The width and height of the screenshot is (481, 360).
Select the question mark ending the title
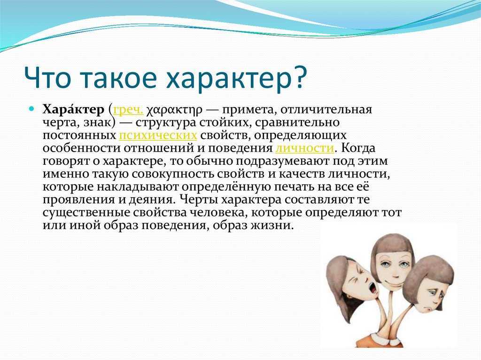[x=299, y=77]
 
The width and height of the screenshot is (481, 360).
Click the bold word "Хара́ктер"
[x=73, y=109]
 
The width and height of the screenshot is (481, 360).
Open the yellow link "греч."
[x=128, y=110]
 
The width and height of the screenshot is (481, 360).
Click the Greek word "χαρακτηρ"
[x=174, y=110]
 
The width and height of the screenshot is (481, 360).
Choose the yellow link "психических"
[x=158, y=136]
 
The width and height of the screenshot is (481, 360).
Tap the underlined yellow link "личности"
[x=304, y=148]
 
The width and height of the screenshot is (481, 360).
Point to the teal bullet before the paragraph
[x=31, y=109]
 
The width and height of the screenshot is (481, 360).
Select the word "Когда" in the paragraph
[x=358, y=148]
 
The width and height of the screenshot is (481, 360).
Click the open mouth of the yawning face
[x=372, y=288]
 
